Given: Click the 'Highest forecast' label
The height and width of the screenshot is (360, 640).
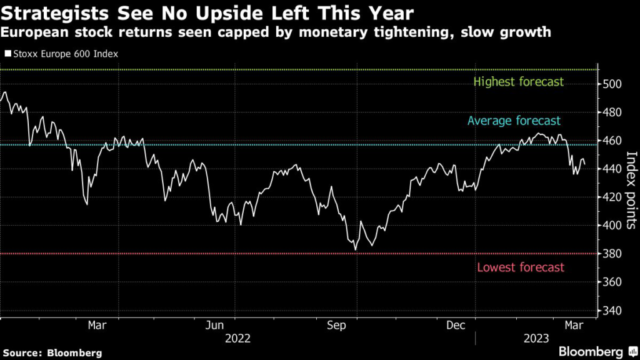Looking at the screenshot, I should [x=519, y=82].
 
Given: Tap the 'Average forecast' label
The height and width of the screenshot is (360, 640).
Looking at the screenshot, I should [x=514, y=121].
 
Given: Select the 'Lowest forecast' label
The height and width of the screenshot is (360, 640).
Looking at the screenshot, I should [x=521, y=267].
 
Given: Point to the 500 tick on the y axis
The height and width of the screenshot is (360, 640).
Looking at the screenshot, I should [x=612, y=84].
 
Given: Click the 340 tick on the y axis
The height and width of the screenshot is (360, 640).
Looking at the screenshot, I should [x=612, y=311].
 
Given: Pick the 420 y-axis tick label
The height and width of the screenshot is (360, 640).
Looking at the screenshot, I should [x=612, y=197].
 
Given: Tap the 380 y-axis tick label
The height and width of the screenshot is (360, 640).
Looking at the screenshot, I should [x=612, y=254].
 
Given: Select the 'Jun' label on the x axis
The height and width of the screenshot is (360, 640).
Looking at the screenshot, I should [x=215, y=325].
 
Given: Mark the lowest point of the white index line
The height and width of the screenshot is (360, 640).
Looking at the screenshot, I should [x=356, y=250].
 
